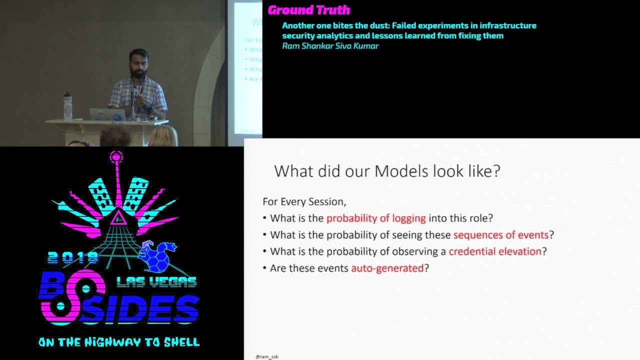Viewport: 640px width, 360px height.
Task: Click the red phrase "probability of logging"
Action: coord(376,218)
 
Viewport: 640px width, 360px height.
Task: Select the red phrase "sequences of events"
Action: coord(501,234)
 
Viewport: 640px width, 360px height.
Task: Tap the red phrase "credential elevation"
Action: coord(495,251)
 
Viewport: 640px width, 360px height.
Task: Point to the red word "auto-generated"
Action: coord(387,268)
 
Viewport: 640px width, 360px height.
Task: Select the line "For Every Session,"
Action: coord(304,201)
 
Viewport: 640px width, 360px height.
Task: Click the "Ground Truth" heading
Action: coord(308,10)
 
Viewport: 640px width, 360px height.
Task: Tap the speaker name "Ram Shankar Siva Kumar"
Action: coord(330,46)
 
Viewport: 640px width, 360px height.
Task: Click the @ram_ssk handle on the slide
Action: coord(266,356)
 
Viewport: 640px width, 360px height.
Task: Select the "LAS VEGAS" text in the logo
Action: coord(156,282)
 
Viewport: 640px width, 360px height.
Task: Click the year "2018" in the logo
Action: coord(73,257)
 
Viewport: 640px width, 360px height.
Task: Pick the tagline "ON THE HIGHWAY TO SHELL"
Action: coord(119,342)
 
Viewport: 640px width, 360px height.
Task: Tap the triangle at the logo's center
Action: coord(118,218)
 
